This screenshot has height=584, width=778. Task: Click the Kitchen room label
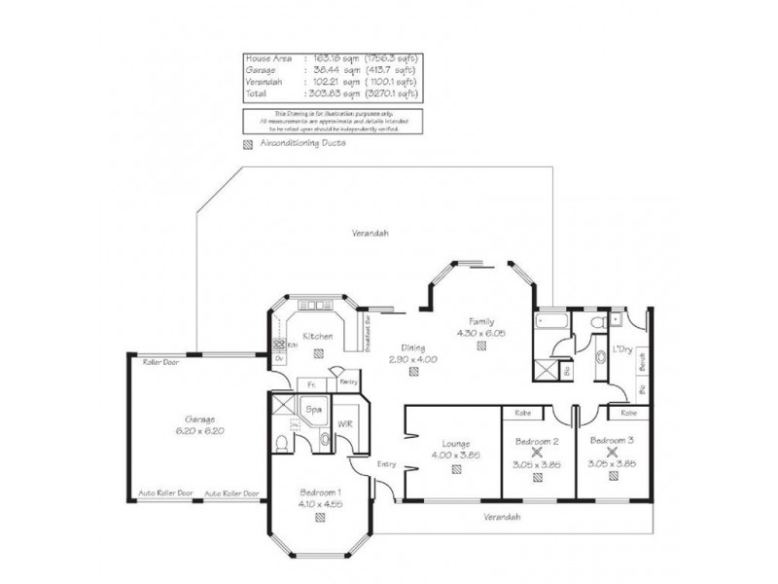tap(318, 337)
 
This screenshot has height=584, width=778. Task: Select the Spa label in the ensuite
tap(314, 410)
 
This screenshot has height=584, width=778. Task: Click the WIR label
tap(344, 423)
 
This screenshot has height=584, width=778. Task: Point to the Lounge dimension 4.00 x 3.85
tap(455, 454)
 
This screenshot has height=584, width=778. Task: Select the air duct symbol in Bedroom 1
tap(319, 517)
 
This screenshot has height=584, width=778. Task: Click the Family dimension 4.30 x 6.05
tap(481, 333)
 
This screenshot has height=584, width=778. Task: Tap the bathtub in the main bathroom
tap(548, 323)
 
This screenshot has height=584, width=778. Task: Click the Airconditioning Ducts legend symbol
tap(247, 143)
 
